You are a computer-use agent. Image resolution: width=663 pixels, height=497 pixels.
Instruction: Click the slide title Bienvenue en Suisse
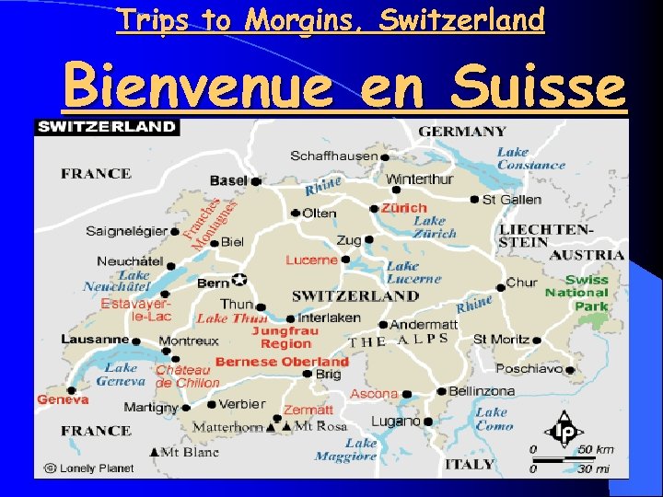344,88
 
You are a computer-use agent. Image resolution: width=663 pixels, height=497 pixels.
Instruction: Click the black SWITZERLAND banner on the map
106,126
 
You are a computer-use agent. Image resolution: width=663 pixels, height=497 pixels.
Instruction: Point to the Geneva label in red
63,399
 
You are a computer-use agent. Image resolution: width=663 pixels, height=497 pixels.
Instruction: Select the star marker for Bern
240,279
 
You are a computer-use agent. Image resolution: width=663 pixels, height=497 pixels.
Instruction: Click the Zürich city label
404,208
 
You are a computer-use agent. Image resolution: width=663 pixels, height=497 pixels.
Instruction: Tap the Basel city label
228,180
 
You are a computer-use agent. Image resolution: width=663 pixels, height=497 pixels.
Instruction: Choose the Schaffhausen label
334,156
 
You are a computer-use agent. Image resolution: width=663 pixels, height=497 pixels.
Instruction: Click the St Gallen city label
511,199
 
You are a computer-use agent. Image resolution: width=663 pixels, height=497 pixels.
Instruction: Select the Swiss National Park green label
576,293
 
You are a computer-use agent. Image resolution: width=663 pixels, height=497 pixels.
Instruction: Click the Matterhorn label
227,427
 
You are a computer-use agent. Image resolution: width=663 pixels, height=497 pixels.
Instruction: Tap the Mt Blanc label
190,452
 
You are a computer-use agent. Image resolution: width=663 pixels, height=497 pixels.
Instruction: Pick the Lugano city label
395,421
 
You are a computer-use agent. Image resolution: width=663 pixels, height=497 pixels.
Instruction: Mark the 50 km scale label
595,449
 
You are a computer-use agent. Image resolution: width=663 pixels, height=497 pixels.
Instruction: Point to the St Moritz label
501,339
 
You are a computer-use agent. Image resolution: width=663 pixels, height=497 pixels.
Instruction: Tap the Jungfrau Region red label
285,337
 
